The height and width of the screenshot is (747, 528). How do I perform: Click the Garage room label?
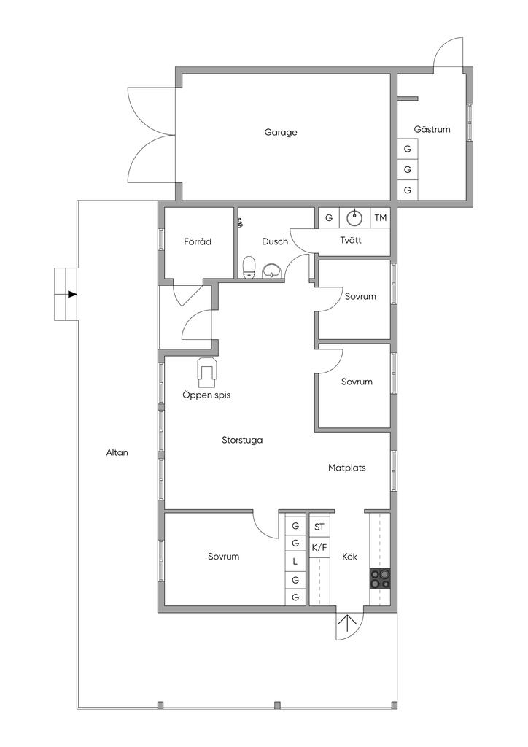(281, 133)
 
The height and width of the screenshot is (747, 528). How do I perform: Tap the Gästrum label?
(432, 129)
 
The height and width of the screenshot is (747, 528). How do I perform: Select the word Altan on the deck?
(117, 452)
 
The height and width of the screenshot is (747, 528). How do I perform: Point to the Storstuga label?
(242, 440)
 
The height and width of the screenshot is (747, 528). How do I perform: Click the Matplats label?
(346, 468)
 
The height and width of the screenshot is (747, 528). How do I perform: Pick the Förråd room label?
(198, 241)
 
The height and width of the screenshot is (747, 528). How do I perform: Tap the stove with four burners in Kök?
(380, 578)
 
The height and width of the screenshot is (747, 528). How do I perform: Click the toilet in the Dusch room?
(249, 267)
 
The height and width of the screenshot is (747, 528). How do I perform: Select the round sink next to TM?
(354, 218)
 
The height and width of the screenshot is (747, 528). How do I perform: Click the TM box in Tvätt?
(381, 218)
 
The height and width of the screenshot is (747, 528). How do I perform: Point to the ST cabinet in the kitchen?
(319, 527)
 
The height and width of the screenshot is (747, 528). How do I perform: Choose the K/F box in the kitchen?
(319, 548)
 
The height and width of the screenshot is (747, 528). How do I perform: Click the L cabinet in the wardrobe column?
(295, 561)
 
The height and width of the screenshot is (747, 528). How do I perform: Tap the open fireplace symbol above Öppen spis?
(208, 372)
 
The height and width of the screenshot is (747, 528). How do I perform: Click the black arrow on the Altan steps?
(72, 295)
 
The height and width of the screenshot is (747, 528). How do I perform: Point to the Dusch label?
(275, 241)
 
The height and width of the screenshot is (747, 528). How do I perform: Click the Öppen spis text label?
(206, 395)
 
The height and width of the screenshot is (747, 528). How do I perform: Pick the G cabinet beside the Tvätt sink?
(329, 218)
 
